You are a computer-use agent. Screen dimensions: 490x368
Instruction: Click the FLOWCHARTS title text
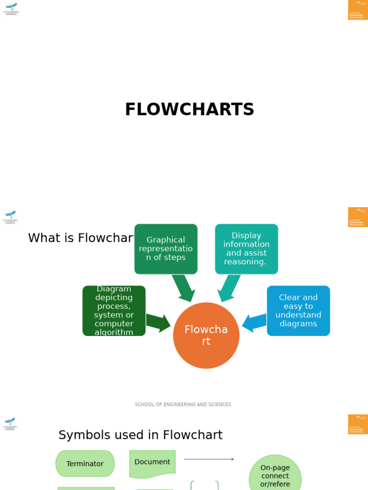pos(189,110)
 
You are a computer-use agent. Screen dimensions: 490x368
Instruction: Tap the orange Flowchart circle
pos(206,335)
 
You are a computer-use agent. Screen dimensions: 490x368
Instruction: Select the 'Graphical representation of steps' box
pos(166,249)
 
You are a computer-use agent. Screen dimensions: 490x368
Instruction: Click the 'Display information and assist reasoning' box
pos(246,249)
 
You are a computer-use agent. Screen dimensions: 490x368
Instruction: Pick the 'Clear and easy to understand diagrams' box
pos(298,311)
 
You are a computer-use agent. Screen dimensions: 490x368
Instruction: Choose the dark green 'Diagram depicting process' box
pos(114,311)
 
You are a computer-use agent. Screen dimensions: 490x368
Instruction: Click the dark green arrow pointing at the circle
pos(158,323)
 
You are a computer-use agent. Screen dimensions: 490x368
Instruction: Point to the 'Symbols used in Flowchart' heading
pos(140,435)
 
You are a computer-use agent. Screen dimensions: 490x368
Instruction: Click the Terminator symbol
pos(85,464)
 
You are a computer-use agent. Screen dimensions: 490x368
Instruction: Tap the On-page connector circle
pos(275,476)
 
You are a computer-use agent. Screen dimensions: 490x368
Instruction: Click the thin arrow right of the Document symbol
pos(209,459)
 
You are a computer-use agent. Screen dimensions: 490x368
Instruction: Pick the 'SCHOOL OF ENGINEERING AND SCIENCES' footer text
pos(183,405)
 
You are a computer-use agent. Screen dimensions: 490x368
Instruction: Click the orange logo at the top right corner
pos(358,10)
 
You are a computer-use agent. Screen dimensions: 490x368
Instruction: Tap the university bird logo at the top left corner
pos(11,9)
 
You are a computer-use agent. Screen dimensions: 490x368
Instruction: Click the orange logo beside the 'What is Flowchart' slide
pos(358,217)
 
